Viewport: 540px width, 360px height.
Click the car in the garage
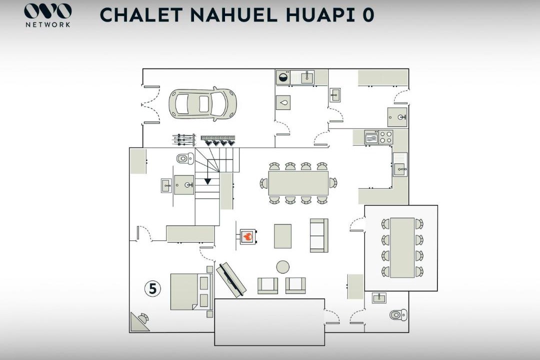coord(202,103)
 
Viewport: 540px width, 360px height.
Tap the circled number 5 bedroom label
coord(152,288)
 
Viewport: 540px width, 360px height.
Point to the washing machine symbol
coord(283,77)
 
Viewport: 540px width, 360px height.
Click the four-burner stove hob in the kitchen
coord(385,137)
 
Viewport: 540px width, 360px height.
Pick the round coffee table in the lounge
coord(282,267)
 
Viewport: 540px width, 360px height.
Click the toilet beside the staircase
coord(185,158)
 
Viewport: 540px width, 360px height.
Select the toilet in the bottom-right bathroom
coord(398,314)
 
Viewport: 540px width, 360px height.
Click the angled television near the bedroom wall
coord(231,280)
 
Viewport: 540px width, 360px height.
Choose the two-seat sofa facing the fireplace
coord(318,235)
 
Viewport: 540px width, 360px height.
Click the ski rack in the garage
coord(183,139)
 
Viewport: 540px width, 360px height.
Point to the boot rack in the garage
coord(218,140)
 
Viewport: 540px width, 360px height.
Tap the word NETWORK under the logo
coord(48,25)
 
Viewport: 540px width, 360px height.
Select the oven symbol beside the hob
coord(371,137)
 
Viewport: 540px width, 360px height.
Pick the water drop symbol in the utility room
coord(283,102)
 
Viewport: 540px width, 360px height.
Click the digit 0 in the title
coord(367,15)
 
